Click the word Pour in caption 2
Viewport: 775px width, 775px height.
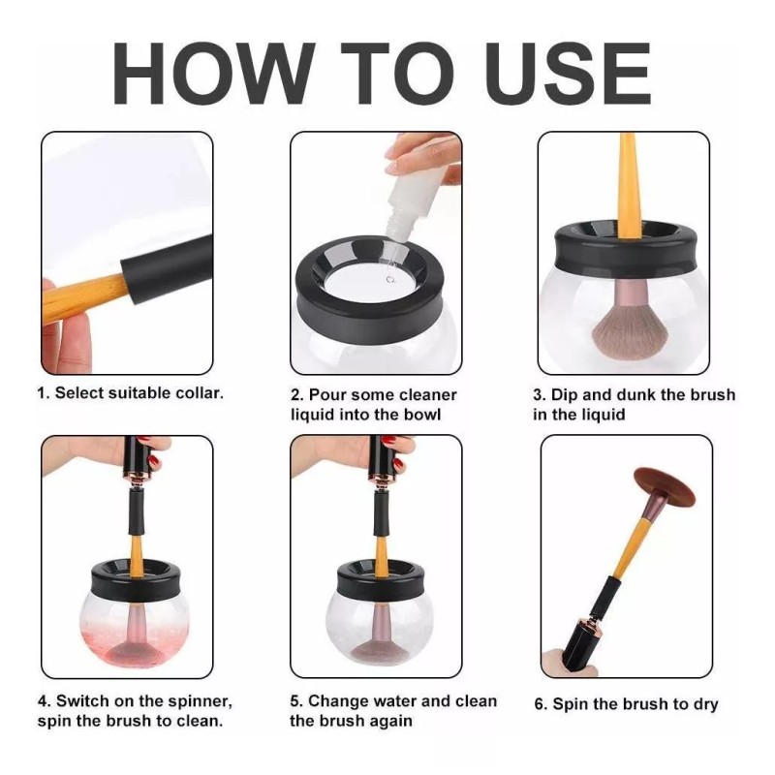tap(327, 395)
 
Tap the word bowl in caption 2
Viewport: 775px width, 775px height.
tap(422, 415)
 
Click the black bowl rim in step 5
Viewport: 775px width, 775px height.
tap(381, 578)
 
